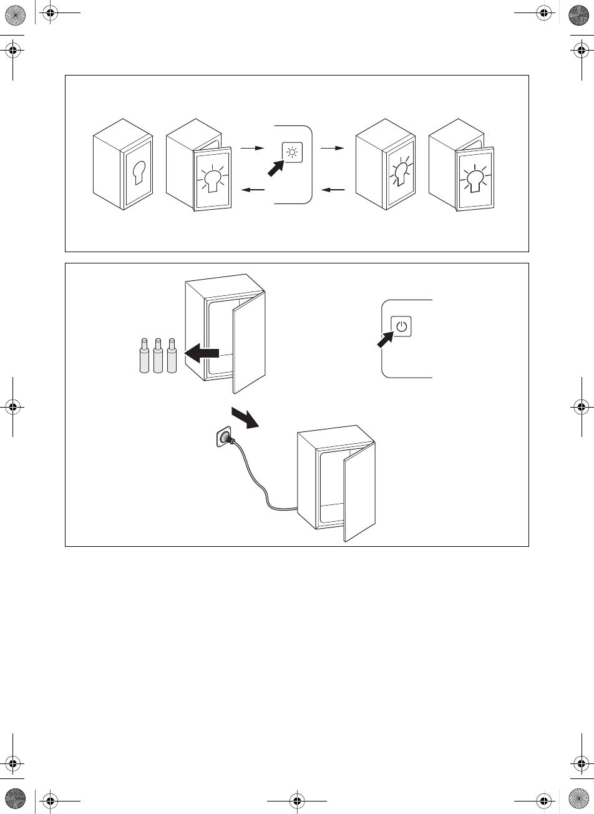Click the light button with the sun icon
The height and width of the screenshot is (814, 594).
pyautogui.click(x=293, y=152)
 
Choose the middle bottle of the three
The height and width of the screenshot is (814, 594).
pyautogui.click(x=158, y=357)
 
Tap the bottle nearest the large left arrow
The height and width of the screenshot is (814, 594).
pyautogui.click(x=172, y=357)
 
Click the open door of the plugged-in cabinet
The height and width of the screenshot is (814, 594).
pyautogui.click(x=358, y=493)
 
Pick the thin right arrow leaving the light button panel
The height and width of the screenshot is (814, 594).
pyautogui.click(x=331, y=149)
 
